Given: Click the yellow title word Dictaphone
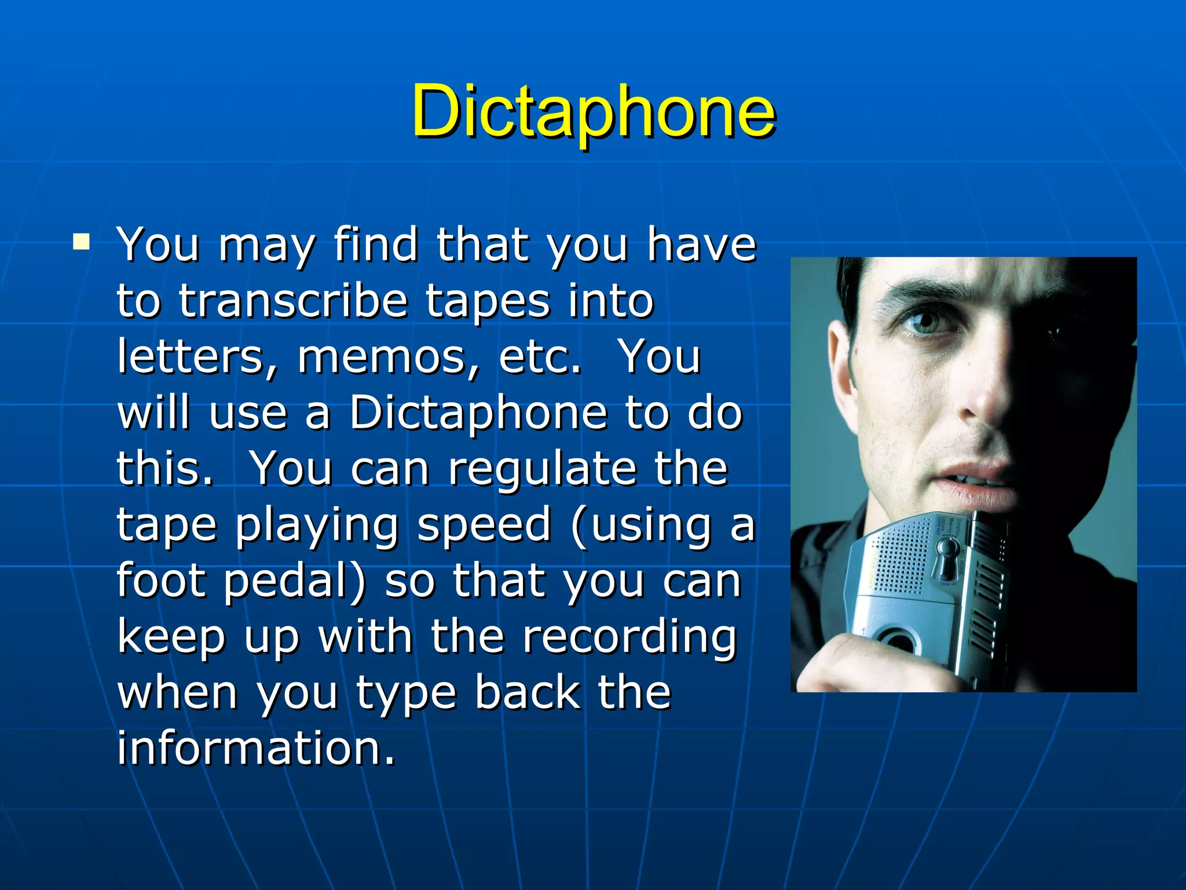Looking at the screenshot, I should (593, 111).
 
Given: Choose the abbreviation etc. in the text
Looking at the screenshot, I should (540, 357).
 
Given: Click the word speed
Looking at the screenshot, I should (484, 525).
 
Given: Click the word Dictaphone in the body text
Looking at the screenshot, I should (478, 414).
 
